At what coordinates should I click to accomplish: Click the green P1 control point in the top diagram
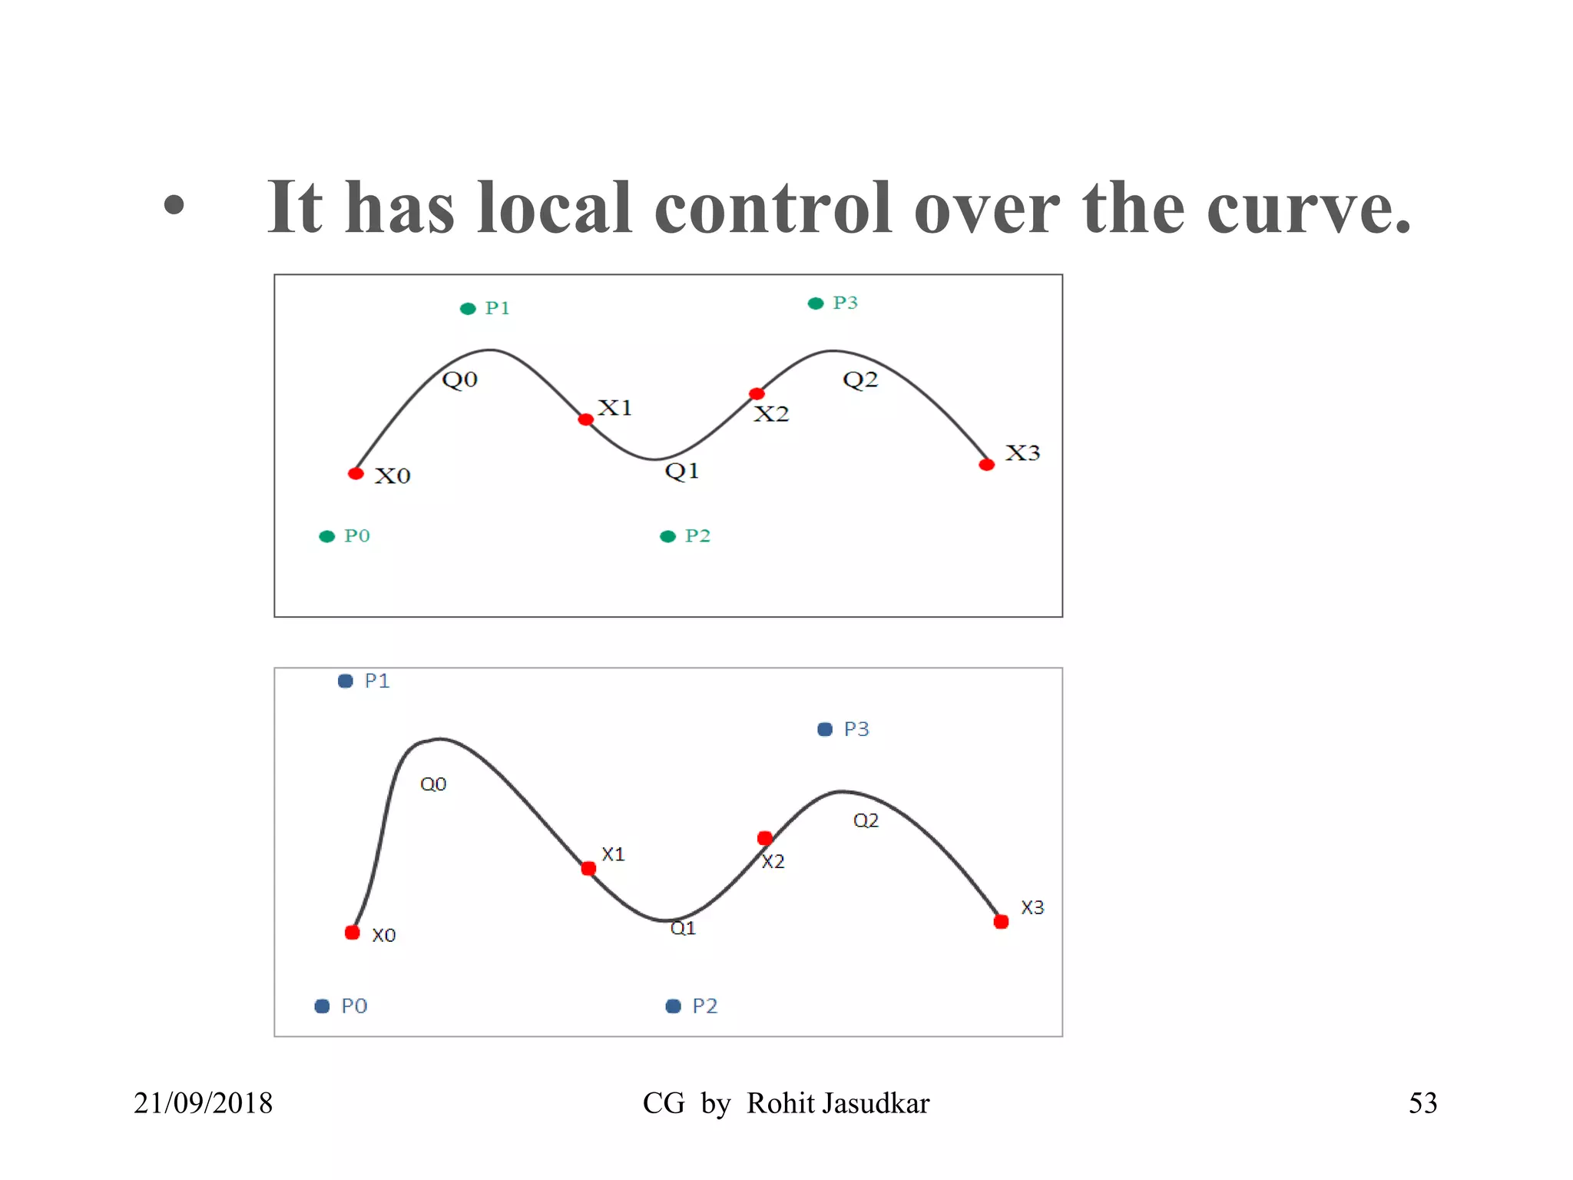click(x=468, y=309)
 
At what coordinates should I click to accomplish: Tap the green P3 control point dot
click(x=816, y=303)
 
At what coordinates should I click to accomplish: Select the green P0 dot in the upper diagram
click(x=327, y=536)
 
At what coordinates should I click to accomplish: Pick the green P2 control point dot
click(x=668, y=536)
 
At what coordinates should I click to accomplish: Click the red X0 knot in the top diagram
click(x=356, y=473)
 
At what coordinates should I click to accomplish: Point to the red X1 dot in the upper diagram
click(x=586, y=419)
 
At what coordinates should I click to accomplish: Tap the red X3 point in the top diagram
click(x=987, y=465)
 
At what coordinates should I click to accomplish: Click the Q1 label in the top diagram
click(x=682, y=470)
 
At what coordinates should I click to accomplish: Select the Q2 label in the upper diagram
click(x=860, y=380)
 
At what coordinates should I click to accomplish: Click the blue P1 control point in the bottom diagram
click(x=346, y=681)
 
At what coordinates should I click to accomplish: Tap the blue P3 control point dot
click(x=825, y=729)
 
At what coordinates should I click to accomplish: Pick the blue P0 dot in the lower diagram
click(x=323, y=1006)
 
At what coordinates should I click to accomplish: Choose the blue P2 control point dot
click(x=674, y=1006)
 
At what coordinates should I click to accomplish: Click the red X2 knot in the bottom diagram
click(x=765, y=837)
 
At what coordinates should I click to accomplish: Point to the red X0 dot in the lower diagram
click(x=353, y=933)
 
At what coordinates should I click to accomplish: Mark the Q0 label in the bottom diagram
click(x=433, y=784)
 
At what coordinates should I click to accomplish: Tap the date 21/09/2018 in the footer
click(x=204, y=1103)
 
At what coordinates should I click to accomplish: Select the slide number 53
click(x=1422, y=1103)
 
